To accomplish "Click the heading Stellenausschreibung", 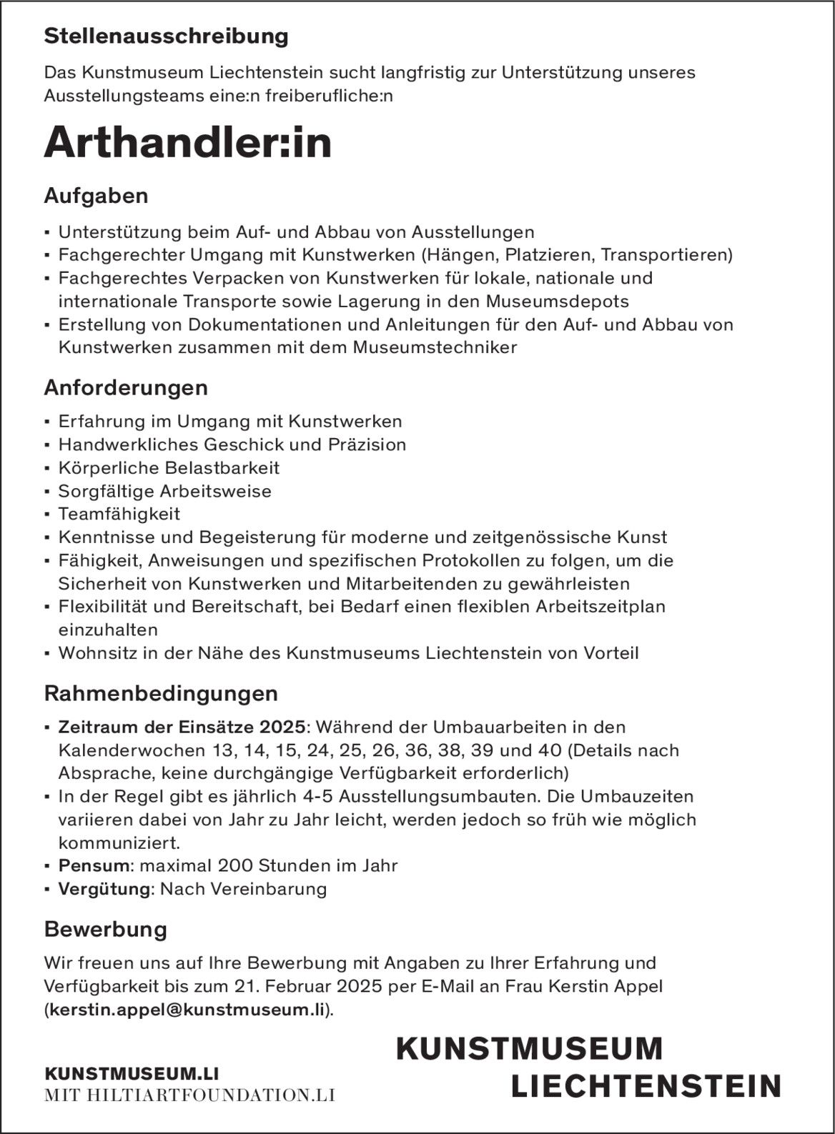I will (166, 36).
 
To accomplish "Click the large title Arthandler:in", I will (188, 143).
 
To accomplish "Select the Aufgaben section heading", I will (96, 196).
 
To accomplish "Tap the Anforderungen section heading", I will (126, 388).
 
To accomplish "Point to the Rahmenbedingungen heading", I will (161, 693).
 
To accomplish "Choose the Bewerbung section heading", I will (105, 929).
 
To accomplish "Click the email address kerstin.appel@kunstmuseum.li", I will (187, 1010).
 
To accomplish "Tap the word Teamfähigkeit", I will (119, 514).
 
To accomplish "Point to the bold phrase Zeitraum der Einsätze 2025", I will (182, 727).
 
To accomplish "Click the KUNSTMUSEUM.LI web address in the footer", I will (131, 1074).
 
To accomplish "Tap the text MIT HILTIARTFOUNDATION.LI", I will (189, 1095).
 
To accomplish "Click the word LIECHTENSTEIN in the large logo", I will (646, 1086).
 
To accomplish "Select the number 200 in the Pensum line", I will (235, 865).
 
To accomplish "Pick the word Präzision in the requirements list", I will (367, 444).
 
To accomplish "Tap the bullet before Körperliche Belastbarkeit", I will (47, 469).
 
